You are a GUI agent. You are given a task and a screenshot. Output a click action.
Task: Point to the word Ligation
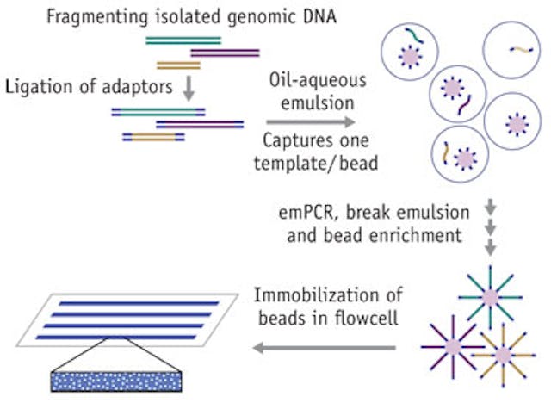point(35,87)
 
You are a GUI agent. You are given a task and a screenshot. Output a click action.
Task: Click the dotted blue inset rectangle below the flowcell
point(116,378)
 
